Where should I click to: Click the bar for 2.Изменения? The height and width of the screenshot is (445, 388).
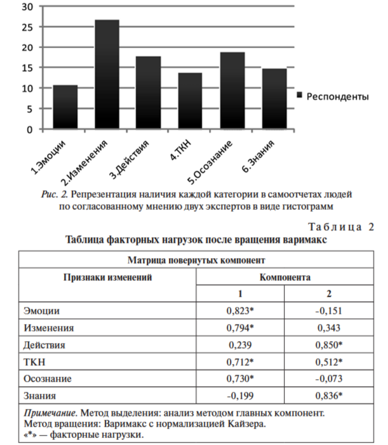107,75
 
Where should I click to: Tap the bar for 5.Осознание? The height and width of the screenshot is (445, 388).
232,91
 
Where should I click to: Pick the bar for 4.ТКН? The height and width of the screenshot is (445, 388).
191,101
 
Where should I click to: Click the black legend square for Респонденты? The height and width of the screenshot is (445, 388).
299,94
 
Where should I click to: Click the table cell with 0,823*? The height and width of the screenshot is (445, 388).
239,312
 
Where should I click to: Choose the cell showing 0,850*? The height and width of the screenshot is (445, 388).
329,346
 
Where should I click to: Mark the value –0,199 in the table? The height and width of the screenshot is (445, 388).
239,396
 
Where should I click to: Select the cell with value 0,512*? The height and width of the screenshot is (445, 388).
329,363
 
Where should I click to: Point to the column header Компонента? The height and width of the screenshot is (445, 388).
284,278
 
